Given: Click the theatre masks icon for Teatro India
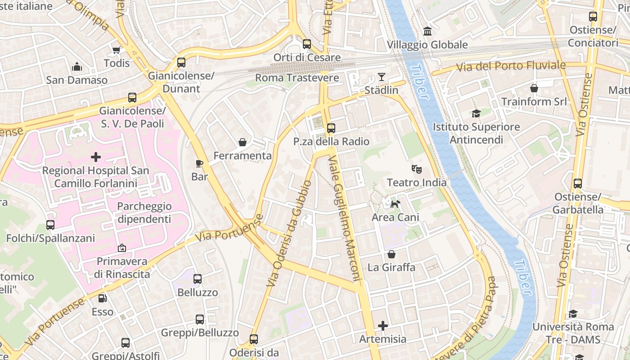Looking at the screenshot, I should pyautogui.click(x=417, y=169).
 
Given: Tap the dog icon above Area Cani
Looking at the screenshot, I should pyautogui.click(x=395, y=204).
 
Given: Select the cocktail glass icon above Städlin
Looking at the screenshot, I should pyautogui.click(x=382, y=77).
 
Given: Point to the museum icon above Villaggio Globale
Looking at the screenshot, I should pyautogui.click(x=427, y=31).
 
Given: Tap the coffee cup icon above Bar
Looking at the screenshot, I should pyautogui.click(x=199, y=163).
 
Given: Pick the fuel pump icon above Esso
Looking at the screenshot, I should pyautogui.click(x=103, y=298).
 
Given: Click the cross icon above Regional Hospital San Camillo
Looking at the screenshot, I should pyautogui.click(x=95, y=157).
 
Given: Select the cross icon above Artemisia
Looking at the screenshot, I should pyautogui.click(x=383, y=326).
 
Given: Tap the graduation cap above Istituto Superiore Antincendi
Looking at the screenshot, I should pyautogui.click(x=476, y=113).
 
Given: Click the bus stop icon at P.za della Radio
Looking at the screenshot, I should pyautogui.click(x=331, y=128).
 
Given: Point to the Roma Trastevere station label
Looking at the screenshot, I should pyautogui.click(x=297, y=78).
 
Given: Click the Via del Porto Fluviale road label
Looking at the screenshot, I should pyautogui.click(x=511, y=66).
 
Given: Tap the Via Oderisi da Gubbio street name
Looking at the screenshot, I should pyautogui.click(x=289, y=233).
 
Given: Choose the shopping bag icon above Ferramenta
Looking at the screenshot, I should pyautogui.click(x=243, y=142).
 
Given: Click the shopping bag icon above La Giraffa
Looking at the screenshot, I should pyautogui.click(x=391, y=254).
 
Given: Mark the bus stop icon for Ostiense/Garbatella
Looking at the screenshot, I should pyautogui.click(x=578, y=184).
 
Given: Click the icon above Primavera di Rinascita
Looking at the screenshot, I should pyautogui.click(x=121, y=248).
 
